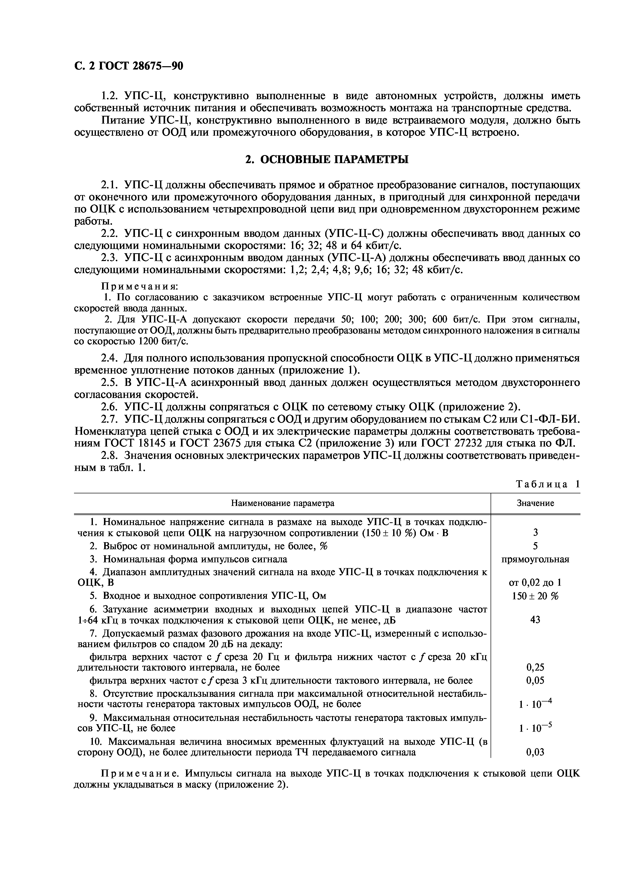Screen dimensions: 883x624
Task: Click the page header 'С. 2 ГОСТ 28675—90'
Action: pos(128,66)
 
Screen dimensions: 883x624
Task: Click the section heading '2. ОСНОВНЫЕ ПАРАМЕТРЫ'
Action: pos(327,159)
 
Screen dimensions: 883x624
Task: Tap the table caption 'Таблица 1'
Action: pos(547,484)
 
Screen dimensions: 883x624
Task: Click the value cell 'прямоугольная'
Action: pos(535,559)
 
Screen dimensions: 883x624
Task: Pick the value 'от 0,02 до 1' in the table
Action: pos(535,583)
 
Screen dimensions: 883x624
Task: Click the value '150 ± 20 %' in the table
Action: pos(535,596)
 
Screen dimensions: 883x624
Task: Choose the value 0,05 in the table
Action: pos(535,680)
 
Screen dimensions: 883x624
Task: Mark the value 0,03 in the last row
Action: pos(535,752)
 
